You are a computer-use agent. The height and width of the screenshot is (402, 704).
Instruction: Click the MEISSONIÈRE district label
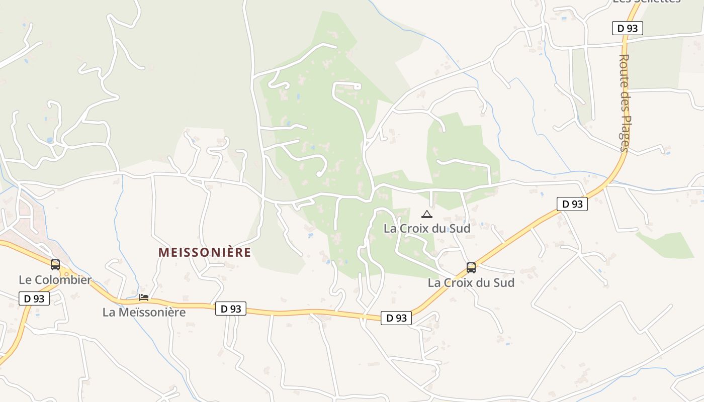pos(204,252)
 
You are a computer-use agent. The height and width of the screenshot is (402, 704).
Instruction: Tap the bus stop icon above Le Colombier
pos(55,264)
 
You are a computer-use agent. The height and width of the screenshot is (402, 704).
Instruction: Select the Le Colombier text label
pos(55,280)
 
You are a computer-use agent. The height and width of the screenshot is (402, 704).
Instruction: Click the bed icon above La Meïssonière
pos(144,297)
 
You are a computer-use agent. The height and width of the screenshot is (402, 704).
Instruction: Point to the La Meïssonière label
pos(144,312)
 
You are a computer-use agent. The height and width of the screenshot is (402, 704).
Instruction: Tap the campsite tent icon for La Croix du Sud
pos(426,214)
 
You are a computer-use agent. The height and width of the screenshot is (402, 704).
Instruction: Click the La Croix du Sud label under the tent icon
pos(427,229)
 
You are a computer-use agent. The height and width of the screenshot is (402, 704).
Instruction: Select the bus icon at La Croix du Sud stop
pos(471,267)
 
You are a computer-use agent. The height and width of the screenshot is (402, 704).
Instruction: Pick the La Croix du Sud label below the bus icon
pos(471,282)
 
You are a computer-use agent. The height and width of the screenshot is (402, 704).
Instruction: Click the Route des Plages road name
pos(625,103)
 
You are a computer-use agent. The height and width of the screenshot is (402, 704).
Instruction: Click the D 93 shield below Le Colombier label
pos(34,298)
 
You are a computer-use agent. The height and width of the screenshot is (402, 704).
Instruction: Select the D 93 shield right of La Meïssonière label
pos(231,309)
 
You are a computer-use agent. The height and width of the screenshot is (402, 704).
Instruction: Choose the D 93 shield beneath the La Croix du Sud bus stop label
pos(396,318)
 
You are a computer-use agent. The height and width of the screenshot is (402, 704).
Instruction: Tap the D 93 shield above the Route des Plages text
pos(628,28)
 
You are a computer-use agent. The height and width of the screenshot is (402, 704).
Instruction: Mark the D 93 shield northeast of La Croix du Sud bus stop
pos(572,204)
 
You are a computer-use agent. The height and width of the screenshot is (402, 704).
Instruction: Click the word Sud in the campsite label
pos(459,229)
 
